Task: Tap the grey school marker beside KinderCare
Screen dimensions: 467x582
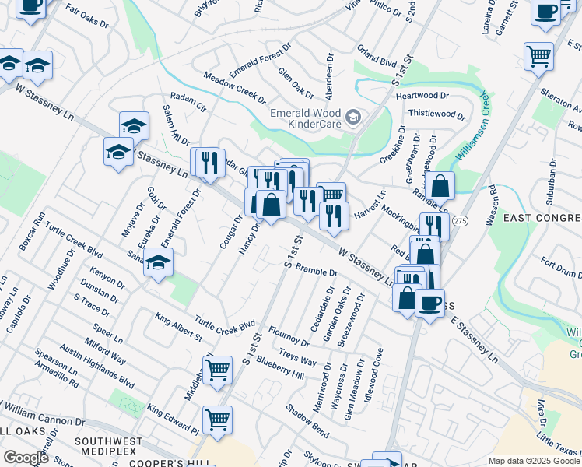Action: tap(353, 118)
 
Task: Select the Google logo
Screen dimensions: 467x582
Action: tap(26, 458)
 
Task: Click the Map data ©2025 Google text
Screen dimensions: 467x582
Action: tap(535, 461)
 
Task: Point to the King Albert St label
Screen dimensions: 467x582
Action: tap(178, 328)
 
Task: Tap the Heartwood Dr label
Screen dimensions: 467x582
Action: tap(422, 96)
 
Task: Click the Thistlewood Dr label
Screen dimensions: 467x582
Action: tap(436, 114)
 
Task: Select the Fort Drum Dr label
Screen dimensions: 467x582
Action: tap(560, 268)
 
